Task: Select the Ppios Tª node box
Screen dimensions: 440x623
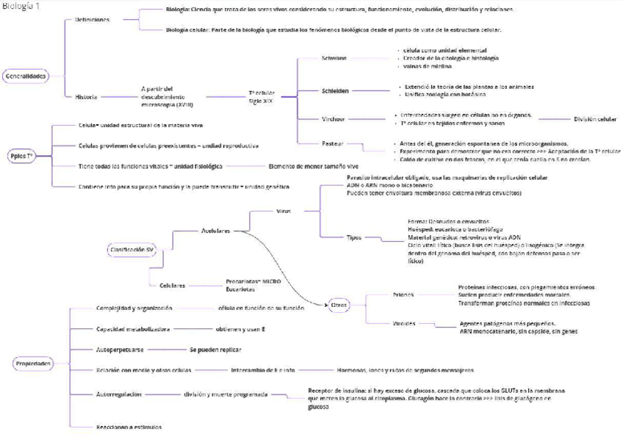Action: click(22, 156)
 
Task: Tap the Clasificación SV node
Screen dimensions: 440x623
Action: click(132, 250)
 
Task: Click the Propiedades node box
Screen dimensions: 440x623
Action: click(32, 364)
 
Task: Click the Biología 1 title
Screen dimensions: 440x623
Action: click(22, 6)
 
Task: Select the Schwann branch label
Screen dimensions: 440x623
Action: click(334, 57)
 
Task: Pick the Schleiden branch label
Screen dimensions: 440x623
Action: click(335, 90)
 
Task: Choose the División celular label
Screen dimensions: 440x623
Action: click(594, 118)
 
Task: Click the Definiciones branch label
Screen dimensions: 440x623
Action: click(92, 19)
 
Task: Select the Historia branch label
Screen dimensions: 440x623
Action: click(85, 96)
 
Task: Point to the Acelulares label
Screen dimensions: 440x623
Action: click(215, 231)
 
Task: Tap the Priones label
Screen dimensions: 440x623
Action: click(404, 294)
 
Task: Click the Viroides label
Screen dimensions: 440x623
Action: click(404, 323)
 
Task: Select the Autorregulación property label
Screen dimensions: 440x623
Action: click(118, 394)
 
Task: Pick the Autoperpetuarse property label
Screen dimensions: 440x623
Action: click(120, 349)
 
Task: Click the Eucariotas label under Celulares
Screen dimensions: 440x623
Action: click(241, 289)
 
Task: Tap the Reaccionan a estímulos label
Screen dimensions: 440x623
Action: click(129, 426)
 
